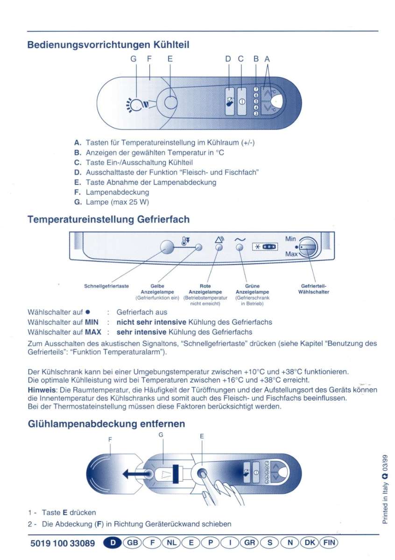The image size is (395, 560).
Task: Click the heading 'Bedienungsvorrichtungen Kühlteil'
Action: [108, 45]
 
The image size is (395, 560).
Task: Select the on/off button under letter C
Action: [241, 101]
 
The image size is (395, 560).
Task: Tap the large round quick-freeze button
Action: [167, 246]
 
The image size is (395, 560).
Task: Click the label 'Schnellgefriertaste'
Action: [106, 286]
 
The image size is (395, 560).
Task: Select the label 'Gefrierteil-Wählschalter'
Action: [313, 289]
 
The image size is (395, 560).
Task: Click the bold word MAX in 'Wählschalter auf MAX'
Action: [93, 332]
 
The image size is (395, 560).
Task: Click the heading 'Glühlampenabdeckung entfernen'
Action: [106, 424]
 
